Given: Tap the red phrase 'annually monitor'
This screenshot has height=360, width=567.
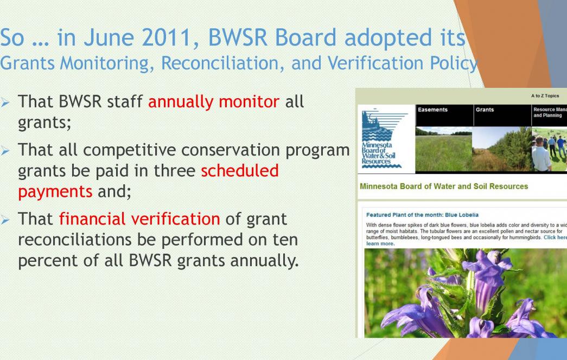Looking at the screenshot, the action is [x=213, y=101].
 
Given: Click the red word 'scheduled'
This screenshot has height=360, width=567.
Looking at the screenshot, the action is [x=240, y=171].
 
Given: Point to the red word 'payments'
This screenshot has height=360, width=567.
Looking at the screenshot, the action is [x=55, y=192].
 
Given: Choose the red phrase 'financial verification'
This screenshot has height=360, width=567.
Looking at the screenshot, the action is [x=139, y=218].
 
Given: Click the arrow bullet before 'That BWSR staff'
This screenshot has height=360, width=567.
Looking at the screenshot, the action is [x=5, y=102].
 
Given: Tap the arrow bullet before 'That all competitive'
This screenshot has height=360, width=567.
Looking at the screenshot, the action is [x=5, y=150].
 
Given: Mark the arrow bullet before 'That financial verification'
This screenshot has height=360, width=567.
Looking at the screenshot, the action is [x=5, y=220].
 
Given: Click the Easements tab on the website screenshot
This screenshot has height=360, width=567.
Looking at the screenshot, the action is [x=432, y=110].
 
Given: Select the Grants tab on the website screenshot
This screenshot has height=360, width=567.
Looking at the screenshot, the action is [x=485, y=110].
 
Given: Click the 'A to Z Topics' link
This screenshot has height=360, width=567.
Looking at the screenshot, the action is [x=545, y=96].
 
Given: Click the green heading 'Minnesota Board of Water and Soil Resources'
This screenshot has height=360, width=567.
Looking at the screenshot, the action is [x=444, y=187].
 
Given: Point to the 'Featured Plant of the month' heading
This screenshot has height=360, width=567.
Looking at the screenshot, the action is [x=422, y=215].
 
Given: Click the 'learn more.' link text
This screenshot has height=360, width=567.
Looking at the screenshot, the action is [x=380, y=243].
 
